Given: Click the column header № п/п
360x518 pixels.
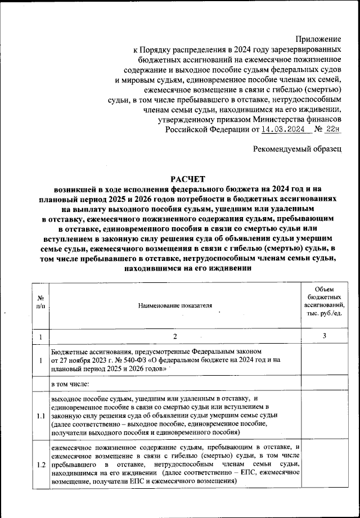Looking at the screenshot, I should coord(41,305).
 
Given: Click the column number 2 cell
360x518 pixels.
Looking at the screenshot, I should coord(175,336).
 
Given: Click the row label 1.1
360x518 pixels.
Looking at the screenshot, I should coord(41,416).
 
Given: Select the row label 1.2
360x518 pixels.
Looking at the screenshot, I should coord(41,466).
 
